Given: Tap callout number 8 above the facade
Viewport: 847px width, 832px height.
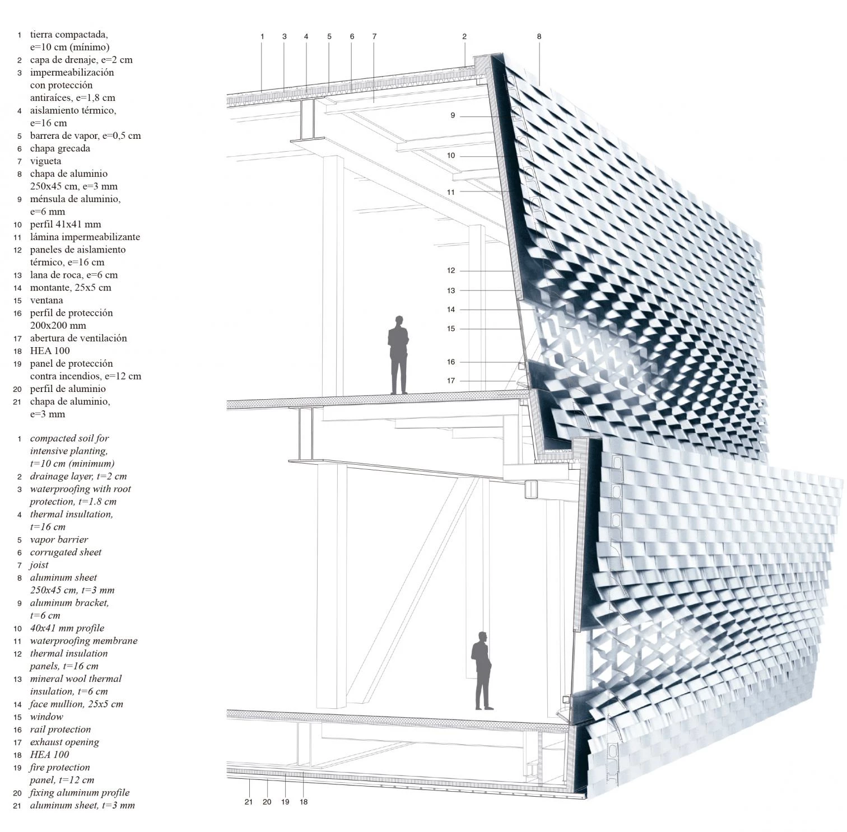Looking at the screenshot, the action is tap(539, 36).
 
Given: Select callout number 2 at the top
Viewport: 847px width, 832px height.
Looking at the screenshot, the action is tap(464, 36).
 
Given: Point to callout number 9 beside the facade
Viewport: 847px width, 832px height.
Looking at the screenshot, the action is tap(453, 116).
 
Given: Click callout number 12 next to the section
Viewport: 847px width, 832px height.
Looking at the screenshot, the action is tap(451, 270).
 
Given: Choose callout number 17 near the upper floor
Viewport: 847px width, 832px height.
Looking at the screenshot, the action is tap(451, 381).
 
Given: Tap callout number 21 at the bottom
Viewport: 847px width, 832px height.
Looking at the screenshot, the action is tap(249, 802).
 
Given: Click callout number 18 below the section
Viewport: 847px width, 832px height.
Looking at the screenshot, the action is tap(304, 802).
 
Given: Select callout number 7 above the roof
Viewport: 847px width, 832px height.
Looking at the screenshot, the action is tap(374, 36).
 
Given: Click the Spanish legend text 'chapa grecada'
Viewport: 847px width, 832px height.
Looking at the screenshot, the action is tap(60, 148).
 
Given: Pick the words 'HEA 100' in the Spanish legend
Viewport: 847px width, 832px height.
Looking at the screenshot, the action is tap(50, 350).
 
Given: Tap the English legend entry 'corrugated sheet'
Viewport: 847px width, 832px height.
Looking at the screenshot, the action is tap(66, 552).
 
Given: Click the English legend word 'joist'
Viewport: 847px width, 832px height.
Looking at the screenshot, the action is tap(39, 565).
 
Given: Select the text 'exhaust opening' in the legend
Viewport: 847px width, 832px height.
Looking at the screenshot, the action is tap(64, 742).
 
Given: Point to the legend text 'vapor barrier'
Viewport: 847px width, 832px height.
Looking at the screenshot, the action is tap(59, 540).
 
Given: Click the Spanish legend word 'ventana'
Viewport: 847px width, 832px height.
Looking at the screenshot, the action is tap(46, 300).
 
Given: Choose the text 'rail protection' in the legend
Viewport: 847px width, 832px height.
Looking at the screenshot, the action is tap(61, 730).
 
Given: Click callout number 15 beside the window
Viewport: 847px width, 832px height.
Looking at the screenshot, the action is tap(451, 329).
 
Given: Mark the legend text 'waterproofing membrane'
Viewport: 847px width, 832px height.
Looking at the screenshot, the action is tap(83, 641).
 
